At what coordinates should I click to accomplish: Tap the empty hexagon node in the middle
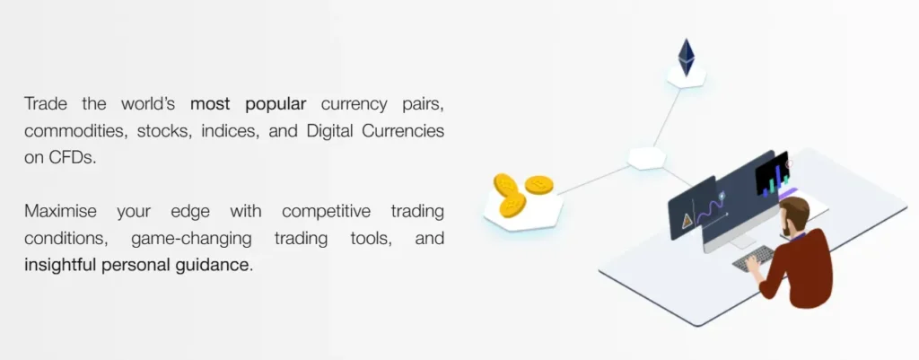[x=646, y=158]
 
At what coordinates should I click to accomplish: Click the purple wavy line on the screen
[x=713, y=212]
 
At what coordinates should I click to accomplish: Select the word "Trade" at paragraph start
[x=47, y=103]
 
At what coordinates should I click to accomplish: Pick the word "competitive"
[x=326, y=212]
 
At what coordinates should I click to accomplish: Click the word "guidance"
[x=215, y=266]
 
